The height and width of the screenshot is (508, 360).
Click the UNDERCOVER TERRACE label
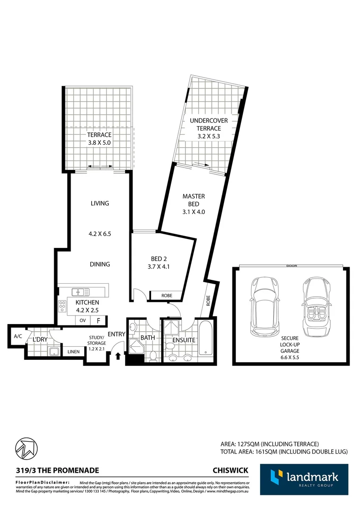[208, 125]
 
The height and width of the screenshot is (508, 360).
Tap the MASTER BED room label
[194, 200]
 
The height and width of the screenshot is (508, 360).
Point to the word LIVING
[100, 204]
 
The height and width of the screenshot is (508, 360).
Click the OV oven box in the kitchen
[82, 320]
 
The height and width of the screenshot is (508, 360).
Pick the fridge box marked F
[98, 320]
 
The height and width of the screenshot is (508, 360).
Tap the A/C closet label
[18, 336]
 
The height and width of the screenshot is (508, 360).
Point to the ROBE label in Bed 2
[166, 296]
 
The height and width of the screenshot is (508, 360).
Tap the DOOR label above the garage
[292, 266]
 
